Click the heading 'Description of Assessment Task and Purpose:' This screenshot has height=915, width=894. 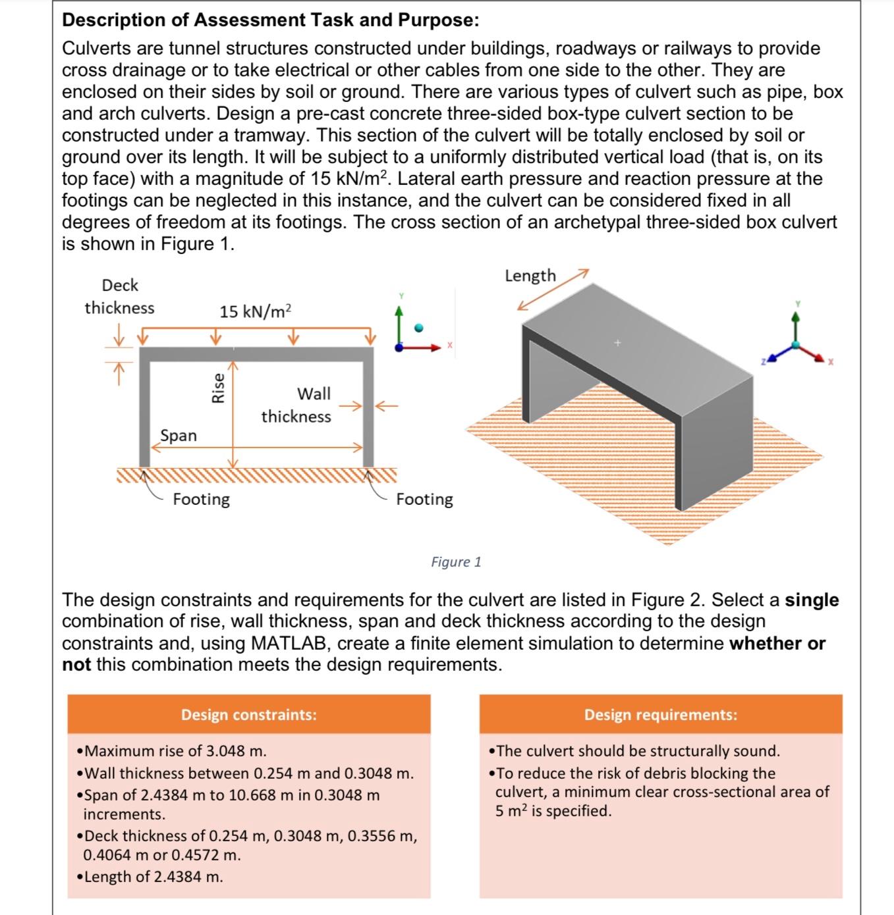click(x=270, y=20)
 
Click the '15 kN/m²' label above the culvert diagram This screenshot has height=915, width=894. click(x=255, y=311)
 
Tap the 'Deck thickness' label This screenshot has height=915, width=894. click(x=119, y=296)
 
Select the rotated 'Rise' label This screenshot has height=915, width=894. click(x=217, y=387)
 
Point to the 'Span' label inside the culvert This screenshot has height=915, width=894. click(x=178, y=435)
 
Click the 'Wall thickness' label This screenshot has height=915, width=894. click(x=297, y=405)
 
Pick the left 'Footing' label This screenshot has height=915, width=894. click(x=201, y=499)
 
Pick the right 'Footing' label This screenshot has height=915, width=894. click(x=424, y=499)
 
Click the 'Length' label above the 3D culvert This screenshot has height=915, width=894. click(x=530, y=275)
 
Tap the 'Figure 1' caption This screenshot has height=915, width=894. click(x=456, y=562)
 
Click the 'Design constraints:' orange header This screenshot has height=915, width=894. click(x=248, y=714)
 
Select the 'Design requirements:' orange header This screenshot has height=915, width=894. click(x=660, y=714)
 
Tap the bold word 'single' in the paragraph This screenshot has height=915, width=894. click(x=812, y=600)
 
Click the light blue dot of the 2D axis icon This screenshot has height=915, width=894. click(x=418, y=327)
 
